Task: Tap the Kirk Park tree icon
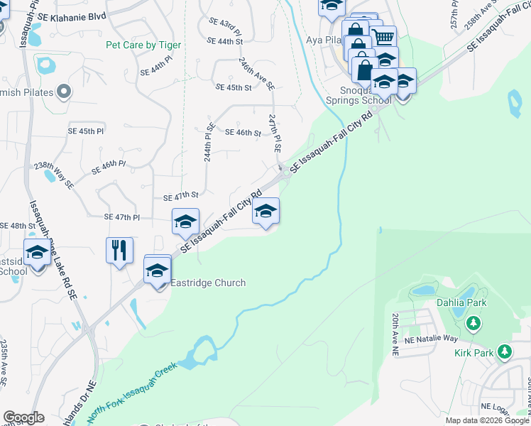505,351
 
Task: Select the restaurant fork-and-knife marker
119,251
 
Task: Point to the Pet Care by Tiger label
143,45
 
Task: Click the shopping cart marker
383,36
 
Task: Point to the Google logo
23,417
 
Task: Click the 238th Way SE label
54,175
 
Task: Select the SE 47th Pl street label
122,217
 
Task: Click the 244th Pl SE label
209,143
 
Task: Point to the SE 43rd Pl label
225,23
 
